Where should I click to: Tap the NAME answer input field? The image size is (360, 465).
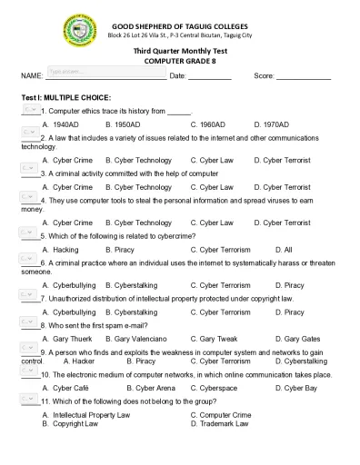pyautogui.click(x=104, y=72)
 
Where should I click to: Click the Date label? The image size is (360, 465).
pyautogui.click(x=177, y=75)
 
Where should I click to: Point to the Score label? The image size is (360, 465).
pyautogui.click(x=263, y=75)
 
